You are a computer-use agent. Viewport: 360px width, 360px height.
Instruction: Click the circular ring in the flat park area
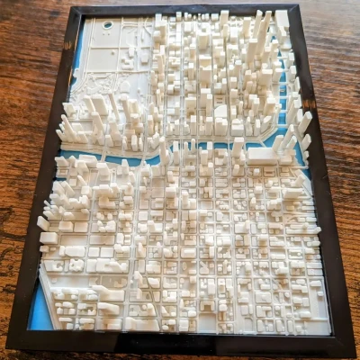point(108,25)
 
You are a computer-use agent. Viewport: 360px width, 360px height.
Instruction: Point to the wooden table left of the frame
point(27,135)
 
